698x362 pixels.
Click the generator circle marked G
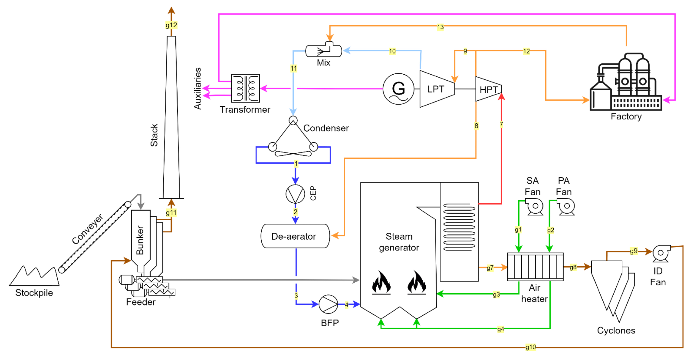398,89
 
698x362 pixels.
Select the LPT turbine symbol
436,89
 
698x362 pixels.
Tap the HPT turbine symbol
488,89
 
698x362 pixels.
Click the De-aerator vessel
295,236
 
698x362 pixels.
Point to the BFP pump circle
328,304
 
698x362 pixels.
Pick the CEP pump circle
295,194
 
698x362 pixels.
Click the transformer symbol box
245,88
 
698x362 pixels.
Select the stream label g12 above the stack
171,25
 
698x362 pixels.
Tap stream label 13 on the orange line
440,27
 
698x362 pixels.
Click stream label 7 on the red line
501,124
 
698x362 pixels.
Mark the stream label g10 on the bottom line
530,347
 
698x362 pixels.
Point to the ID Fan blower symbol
661,253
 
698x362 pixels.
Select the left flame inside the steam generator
381,282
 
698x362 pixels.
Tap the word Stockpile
34,293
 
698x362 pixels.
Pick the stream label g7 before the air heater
490,268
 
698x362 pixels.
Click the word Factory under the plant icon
626,116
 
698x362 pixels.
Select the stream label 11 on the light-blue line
293,68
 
